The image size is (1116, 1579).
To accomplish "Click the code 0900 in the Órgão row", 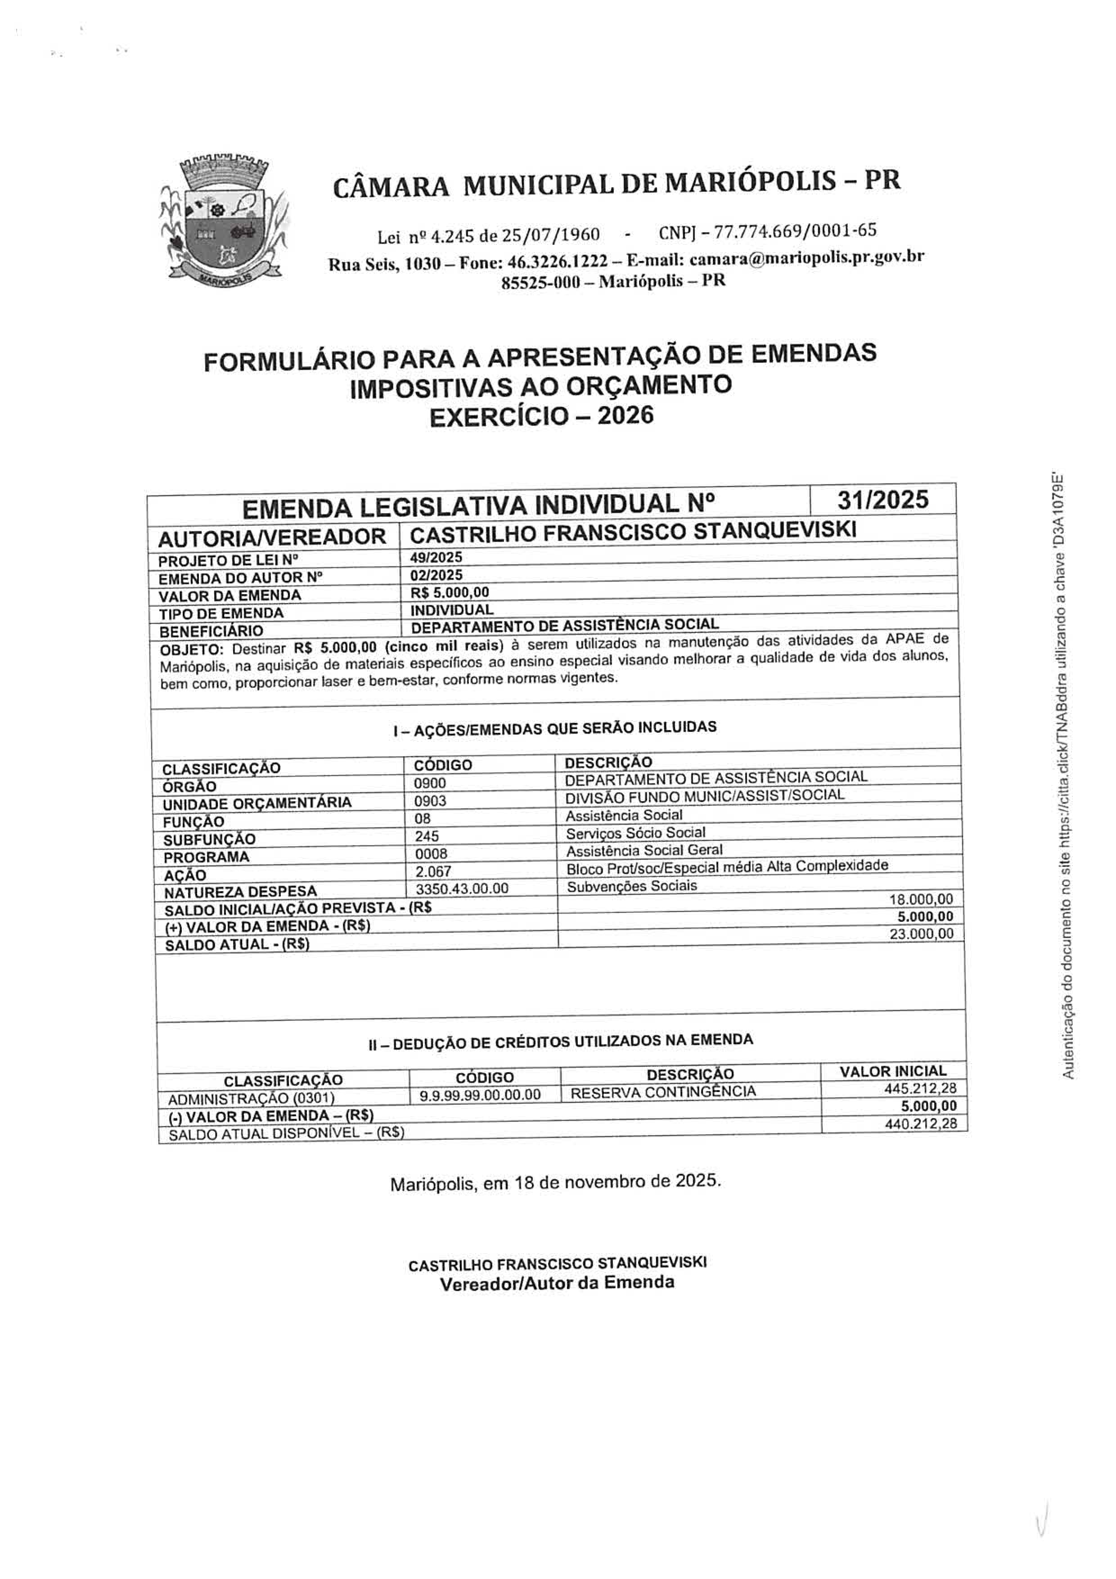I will [x=430, y=783].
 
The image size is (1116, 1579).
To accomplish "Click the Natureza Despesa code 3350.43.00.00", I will [x=462, y=889].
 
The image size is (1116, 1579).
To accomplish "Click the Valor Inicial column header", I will [x=892, y=1071].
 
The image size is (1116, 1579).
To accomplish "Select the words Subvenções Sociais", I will [x=631, y=886].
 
